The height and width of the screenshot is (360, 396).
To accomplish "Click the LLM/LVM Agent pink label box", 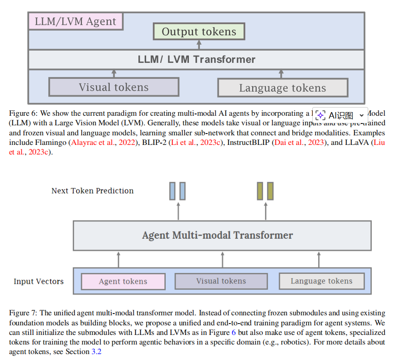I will (x=76, y=21).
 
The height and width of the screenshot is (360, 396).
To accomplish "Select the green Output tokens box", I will (x=199, y=31).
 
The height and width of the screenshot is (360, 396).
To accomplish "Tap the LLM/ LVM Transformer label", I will (x=197, y=59).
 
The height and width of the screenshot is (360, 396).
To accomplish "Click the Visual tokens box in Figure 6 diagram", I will (x=114, y=87).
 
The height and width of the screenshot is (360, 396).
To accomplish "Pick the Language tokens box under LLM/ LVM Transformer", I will (x=283, y=88).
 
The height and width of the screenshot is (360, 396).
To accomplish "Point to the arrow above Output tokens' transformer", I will (x=199, y=44).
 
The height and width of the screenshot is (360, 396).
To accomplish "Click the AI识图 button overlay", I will (x=335, y=115).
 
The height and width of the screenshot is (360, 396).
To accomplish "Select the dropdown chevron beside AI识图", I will (x=361, y=115).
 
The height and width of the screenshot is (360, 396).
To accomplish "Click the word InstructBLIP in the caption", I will (x=248, y=143).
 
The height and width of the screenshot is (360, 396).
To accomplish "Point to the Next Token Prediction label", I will (x=92, y=190).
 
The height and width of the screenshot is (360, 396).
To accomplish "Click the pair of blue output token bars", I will (x=178, y=191).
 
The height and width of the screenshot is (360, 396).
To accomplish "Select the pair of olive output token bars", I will (x=265, y=191).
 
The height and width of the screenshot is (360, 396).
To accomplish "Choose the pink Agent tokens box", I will (x=123, y=281).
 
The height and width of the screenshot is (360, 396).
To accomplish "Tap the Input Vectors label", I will (x=39, y=281).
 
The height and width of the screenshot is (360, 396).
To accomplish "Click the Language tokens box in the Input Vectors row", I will (x=321, y=281).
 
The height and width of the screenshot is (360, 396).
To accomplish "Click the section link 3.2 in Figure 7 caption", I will (x=96, y=352).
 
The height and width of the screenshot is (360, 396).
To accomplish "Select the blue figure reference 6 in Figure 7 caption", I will (x=234, y=333).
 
